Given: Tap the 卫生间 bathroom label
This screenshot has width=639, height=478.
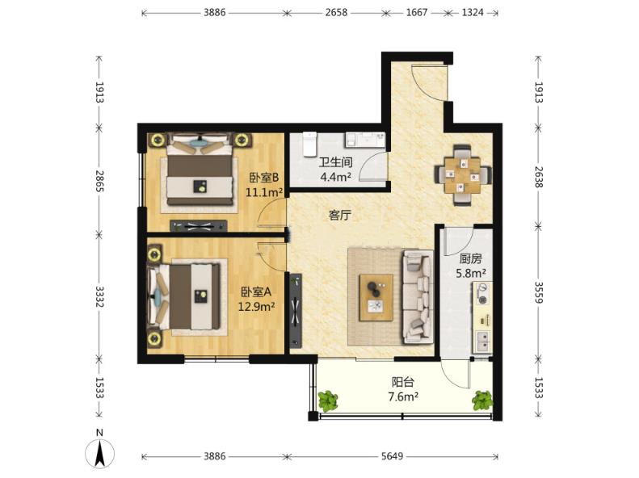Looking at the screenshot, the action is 335,162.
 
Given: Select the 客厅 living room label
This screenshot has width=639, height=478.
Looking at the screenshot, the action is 339,215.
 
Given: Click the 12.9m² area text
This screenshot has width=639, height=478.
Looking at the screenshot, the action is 256,306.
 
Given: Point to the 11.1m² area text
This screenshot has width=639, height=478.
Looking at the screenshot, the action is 264,192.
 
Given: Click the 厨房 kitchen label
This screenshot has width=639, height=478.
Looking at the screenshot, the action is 471,258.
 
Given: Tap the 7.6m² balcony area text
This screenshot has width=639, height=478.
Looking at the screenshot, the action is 403,396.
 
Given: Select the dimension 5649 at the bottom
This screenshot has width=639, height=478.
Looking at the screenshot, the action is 392,456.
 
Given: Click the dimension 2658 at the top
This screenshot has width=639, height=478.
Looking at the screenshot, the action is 336,13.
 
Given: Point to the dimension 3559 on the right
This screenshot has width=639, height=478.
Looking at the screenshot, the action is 539,292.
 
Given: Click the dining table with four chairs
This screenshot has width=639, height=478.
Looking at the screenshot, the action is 463,175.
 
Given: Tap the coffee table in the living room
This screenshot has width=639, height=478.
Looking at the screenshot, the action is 376,298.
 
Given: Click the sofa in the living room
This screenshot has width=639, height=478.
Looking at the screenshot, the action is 418,297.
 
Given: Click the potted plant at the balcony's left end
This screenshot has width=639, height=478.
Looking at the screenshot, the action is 328,400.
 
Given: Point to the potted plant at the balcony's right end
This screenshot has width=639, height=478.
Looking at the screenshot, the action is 482,400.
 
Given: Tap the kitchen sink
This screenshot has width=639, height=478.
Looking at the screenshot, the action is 483,342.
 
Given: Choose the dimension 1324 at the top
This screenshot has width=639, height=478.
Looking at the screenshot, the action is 473,13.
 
